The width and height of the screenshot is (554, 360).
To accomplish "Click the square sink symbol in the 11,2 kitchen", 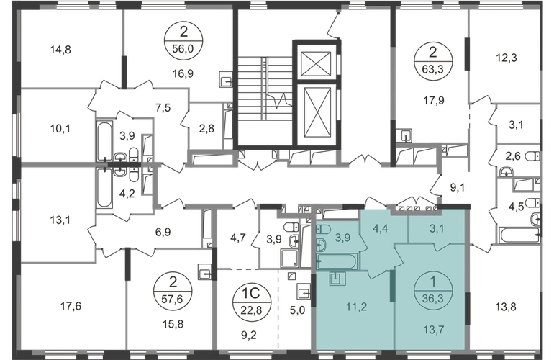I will click(335, 277).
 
